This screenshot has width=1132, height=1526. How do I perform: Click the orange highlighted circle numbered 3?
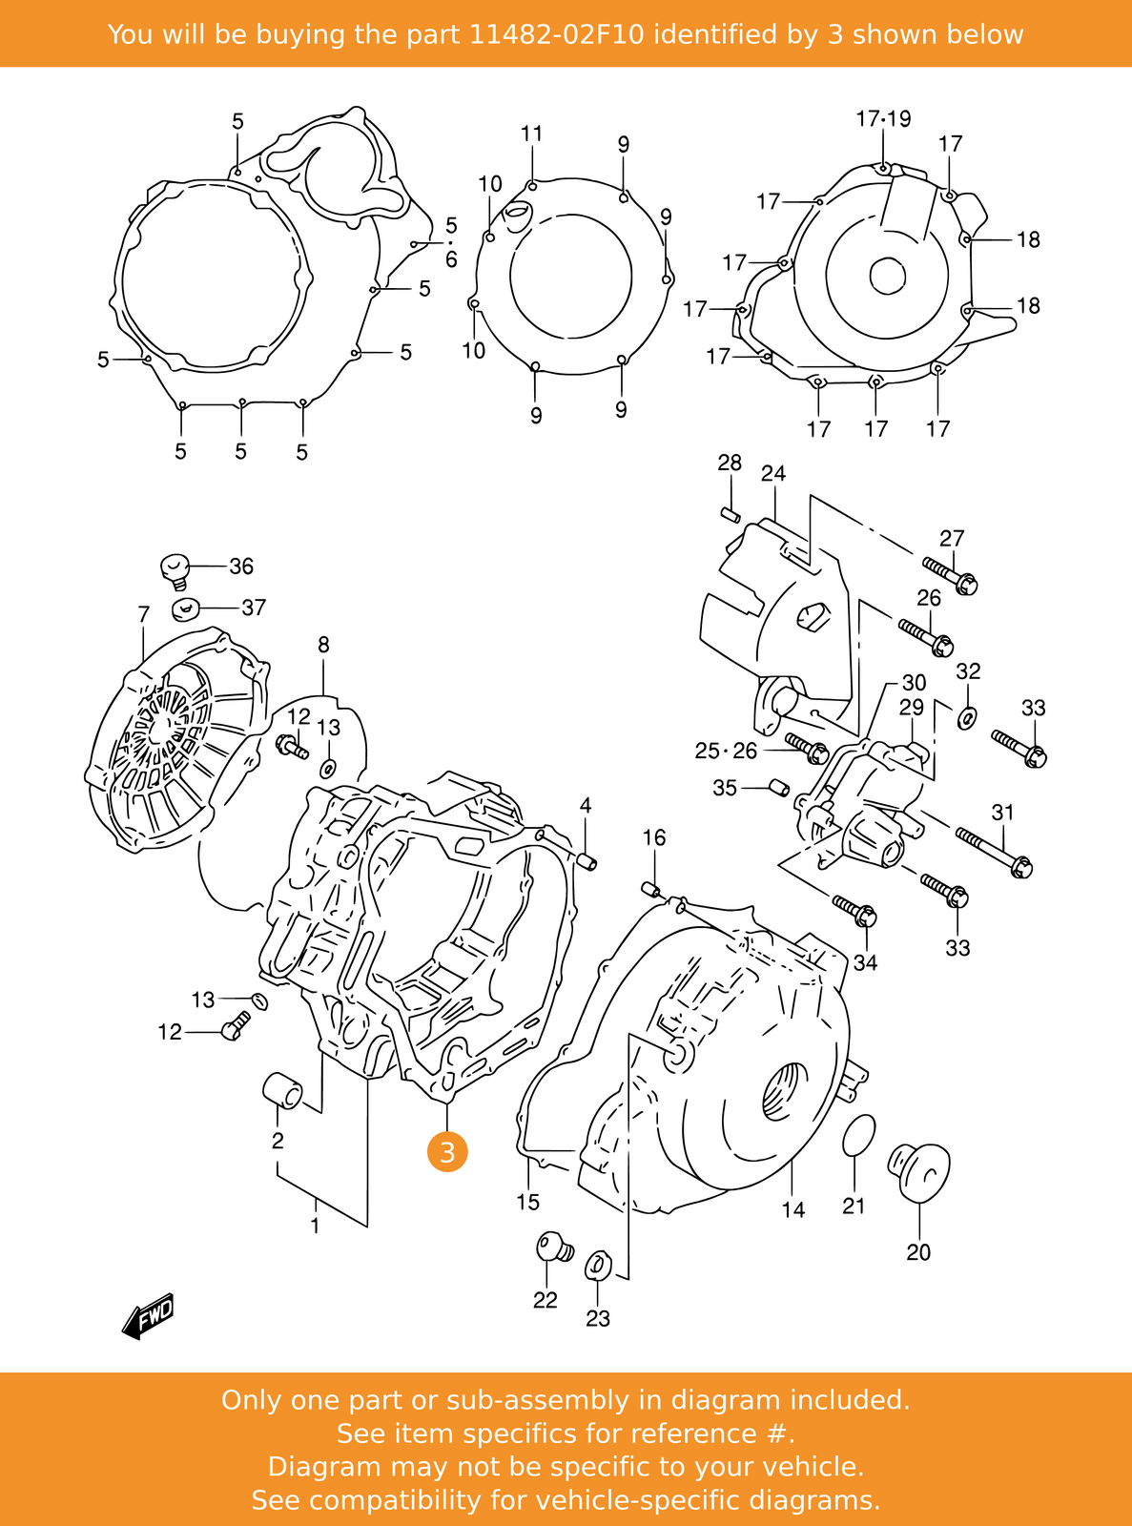(x=447, y=1152)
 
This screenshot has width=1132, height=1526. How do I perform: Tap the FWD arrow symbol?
(x=149, y=1317)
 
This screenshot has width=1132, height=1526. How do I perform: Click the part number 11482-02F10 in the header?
(x=556, y=34)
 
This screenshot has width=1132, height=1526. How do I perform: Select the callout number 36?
(x=241, y=567)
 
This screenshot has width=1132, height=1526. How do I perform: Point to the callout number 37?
(x=253, y=608)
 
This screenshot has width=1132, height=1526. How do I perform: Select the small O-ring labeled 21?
(x=858, y=1134)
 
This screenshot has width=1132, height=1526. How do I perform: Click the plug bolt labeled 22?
(x=552, y=1246)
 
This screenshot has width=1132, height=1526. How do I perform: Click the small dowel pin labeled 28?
(x=731, y=515)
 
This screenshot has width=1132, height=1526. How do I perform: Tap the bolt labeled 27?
(x=949, y=575)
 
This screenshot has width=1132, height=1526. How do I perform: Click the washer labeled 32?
(x=967, y=716)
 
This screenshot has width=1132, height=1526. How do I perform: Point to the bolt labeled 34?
(x=854, y=910)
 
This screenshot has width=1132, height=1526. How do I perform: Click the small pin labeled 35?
(x=776, y=787)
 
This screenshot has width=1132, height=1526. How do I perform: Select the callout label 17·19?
(x=883, y=119)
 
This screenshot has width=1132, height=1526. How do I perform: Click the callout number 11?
(x=531, y=134)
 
